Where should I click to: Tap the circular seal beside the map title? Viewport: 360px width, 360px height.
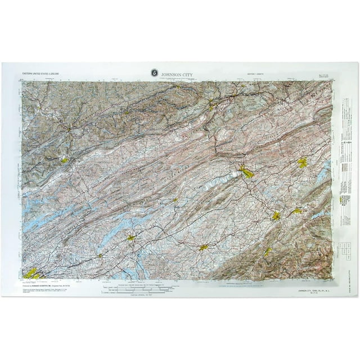pyautogui.click(x=154, y=72)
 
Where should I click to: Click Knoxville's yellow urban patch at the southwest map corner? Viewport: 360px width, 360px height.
pyautogui.click(x=31, y=273)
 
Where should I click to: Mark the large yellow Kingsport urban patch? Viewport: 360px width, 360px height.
pyautogui.click(x=246, y=172)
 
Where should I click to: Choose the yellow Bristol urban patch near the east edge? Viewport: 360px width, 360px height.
pyautogui.click(x=302, y=163)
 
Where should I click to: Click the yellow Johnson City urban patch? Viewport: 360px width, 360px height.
pyautogui.click(x=276, y=215)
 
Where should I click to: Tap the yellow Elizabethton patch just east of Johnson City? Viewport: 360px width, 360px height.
pyautogui.click(x=296, y=211)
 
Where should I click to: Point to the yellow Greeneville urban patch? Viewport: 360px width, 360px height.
pyautogui.click(x=204, y=247)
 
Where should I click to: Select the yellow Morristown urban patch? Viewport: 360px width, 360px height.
pyautogui.click(x=130, y=238)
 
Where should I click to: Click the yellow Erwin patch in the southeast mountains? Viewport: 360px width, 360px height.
pyautogui.click(x=268, y=251)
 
